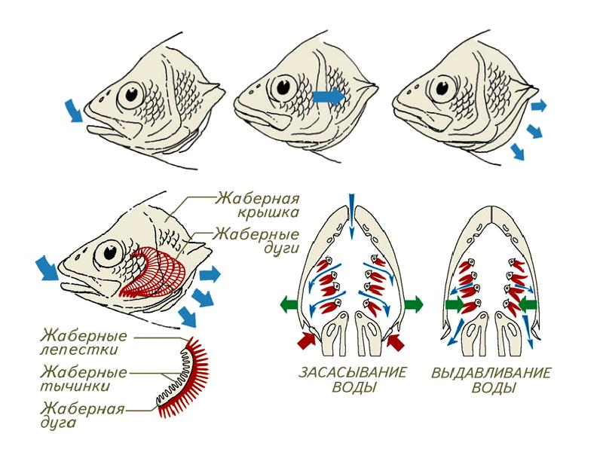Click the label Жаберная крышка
(257, 205)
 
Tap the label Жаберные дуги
(256, 240)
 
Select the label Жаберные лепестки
(83, 343)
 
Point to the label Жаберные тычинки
(83, 379)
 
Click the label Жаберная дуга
(82, 415)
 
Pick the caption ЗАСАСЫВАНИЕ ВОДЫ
(353, 380)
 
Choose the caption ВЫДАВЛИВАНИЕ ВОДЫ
(492, 380)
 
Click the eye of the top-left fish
(131, 95)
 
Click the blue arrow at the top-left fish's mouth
(73, 110)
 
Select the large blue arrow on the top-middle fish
(329, 96)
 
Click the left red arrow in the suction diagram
(307, 341)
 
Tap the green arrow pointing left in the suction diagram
(289, 305)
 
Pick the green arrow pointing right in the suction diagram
(414, 305)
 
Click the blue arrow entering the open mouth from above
(350, 216)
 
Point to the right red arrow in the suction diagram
(396, 341)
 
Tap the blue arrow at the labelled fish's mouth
(47, 269)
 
